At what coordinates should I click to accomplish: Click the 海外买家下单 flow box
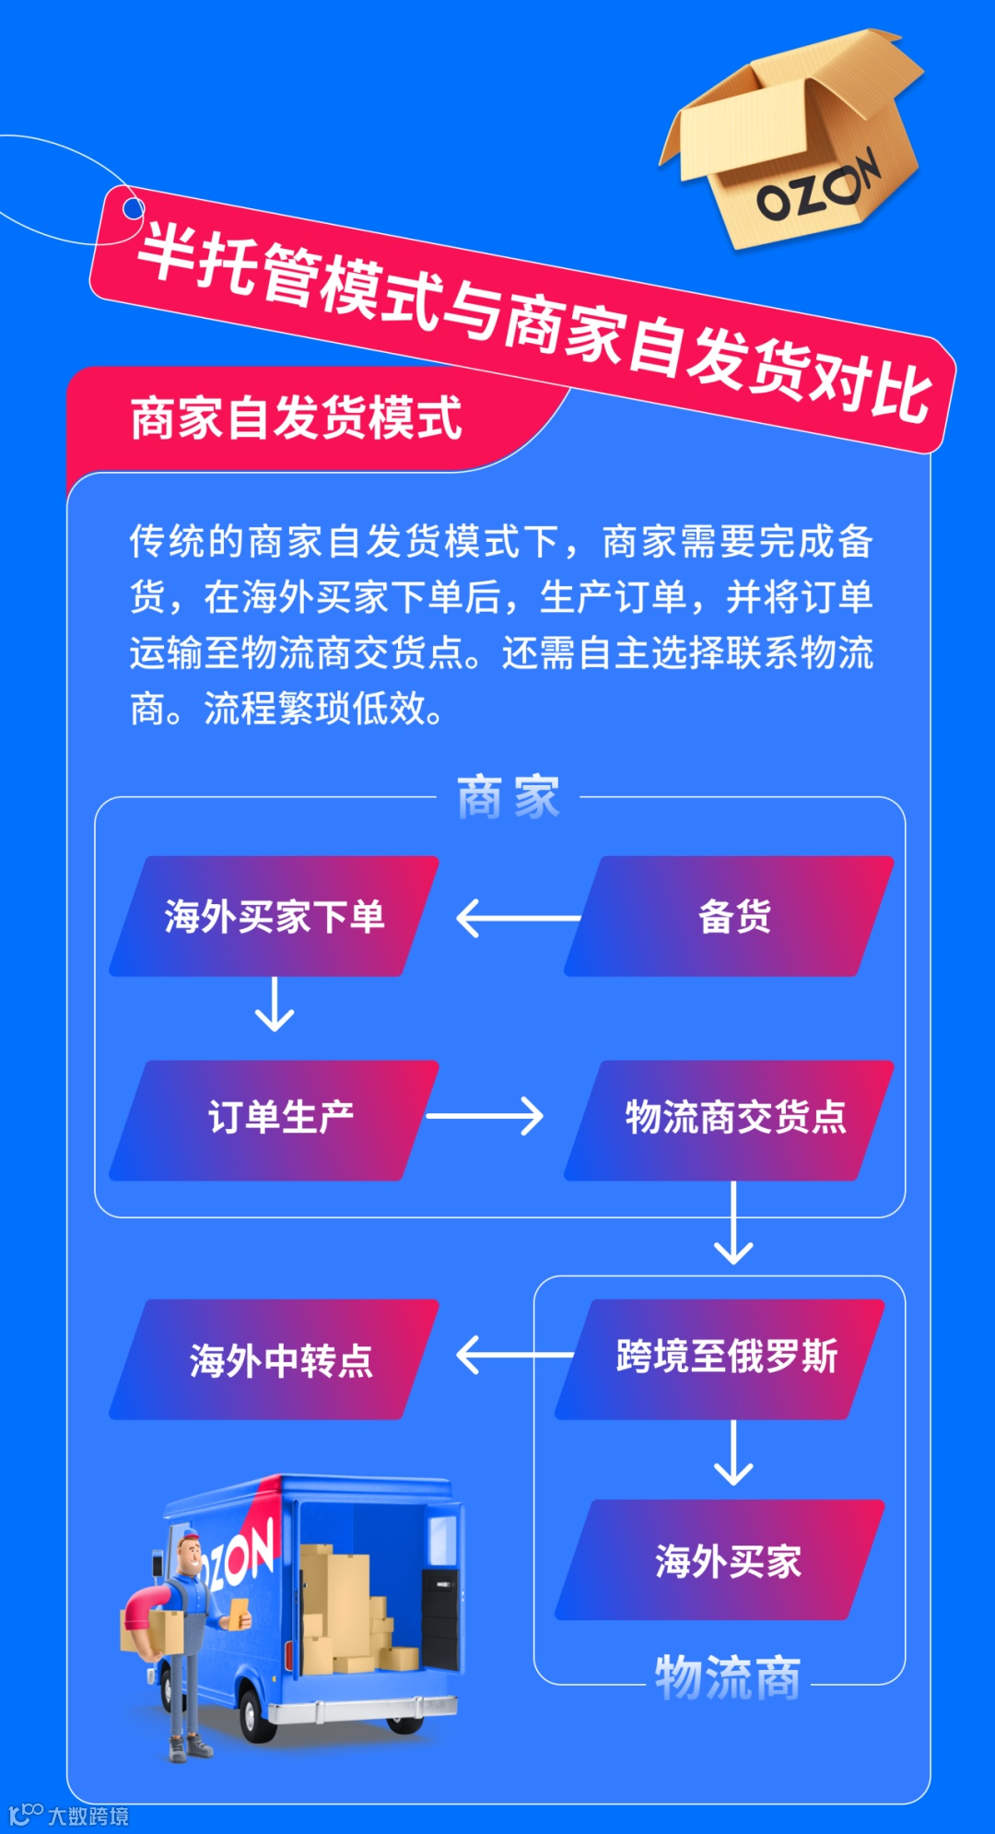(274, 916)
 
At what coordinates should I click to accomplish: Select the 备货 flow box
(730, 916)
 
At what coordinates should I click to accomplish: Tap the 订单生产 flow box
(274, 1120)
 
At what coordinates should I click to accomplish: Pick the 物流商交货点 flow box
(730, 1120)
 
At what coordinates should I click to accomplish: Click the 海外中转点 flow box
(274, 1359)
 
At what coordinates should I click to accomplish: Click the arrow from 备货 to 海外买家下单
(518, 918)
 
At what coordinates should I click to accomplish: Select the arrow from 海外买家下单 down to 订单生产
(274, 1004)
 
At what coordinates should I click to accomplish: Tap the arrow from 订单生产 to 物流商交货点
(485, 1116)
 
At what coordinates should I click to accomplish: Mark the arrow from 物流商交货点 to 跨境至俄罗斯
(733, 1224)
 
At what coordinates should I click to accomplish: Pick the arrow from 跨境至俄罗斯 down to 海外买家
(733, 1453)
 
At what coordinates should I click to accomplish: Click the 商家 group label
(508, 797)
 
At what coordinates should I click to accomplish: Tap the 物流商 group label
(728, 1677)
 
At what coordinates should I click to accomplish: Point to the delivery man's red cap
(188, 1536)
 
